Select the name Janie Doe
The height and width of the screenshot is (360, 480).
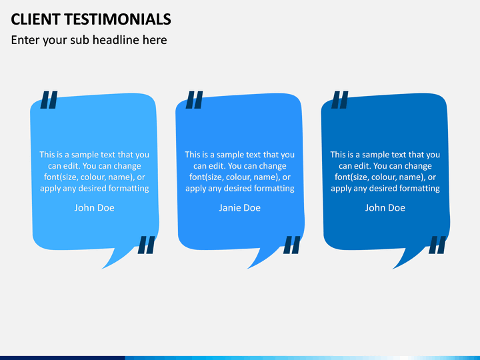(239, 208)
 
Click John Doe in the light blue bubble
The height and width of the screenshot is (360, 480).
(94, 208)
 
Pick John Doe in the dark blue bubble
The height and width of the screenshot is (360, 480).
(385, 208)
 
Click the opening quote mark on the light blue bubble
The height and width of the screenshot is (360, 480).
(49, 99)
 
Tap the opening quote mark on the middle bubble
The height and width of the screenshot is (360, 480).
(194, 99)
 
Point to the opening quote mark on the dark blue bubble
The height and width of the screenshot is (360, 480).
(339, 99)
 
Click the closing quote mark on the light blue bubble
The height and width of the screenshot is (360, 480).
(146, 245)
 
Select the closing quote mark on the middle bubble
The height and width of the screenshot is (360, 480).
(291, 245)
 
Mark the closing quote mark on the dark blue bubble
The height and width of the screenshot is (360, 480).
(437, 245)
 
